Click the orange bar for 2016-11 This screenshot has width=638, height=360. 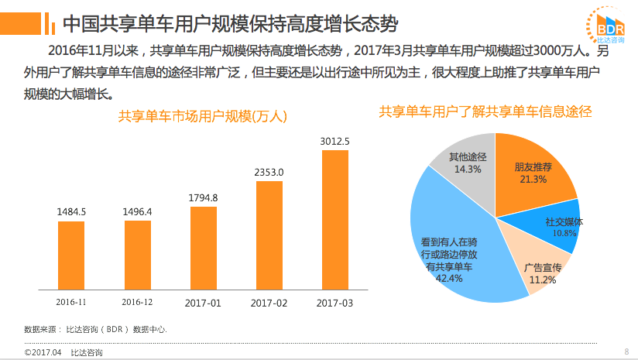71,254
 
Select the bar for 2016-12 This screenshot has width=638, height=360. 138,253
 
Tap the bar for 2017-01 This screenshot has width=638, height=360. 204,246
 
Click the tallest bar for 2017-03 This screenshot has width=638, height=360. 335,218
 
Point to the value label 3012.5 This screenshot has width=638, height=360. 335,141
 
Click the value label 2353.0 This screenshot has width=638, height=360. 269,172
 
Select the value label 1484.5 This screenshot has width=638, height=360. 71,211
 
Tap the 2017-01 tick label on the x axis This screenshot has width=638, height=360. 204,302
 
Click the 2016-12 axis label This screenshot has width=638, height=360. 138,302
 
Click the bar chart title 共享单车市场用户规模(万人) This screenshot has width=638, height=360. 203,117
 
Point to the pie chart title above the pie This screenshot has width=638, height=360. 485,111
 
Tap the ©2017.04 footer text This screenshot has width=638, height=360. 42,352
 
